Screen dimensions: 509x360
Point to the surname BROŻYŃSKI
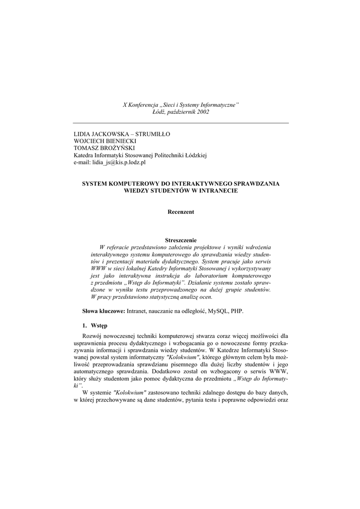[117, 148]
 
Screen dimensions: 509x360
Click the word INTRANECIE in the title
[215, 190]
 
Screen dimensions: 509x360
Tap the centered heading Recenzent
[180, 212]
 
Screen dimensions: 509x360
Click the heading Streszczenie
[180, 240]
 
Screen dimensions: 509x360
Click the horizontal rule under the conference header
[180, 123]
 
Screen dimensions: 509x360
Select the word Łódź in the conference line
[161, 112]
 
